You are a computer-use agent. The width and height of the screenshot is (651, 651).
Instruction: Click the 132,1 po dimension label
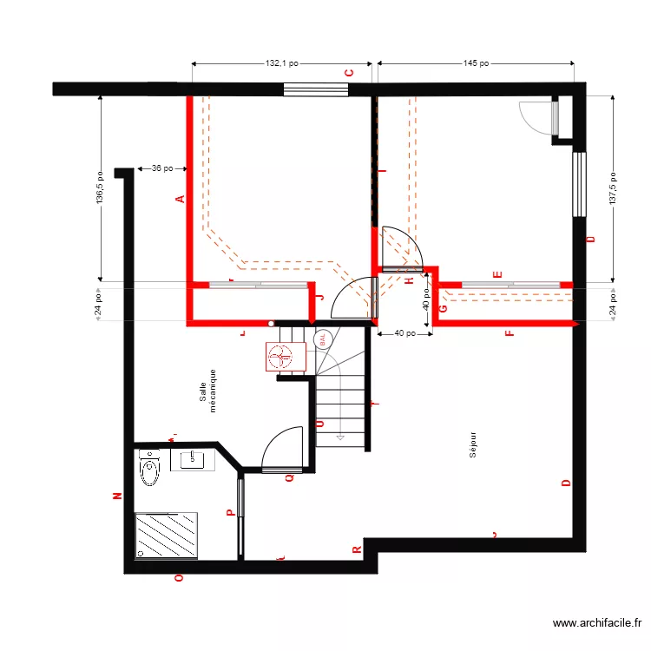(x=282, y=63)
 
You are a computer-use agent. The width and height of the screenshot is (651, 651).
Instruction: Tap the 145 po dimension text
(x=476, y=63)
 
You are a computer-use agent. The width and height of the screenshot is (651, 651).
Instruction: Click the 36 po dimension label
(x=161, y=168)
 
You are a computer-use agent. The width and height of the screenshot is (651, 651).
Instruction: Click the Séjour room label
(x=473, y=444)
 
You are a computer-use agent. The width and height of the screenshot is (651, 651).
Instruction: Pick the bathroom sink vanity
(x=192, y=459)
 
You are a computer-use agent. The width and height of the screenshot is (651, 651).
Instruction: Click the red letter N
(x=117, y=496)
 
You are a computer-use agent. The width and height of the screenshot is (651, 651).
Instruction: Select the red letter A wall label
(x=181, y=200)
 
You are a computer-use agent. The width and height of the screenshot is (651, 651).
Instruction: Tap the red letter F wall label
(x=510, y=332)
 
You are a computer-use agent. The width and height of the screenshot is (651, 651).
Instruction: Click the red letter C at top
(x=349, y=74)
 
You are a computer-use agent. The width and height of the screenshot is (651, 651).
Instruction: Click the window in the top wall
(x=316, y=89)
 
